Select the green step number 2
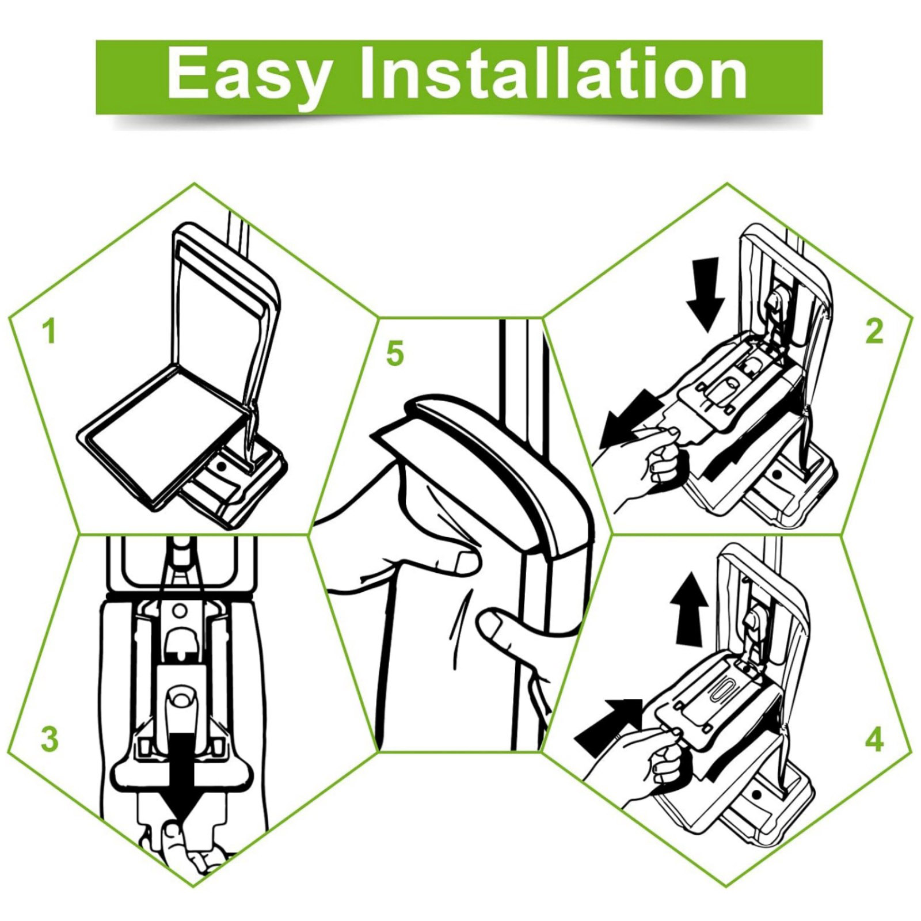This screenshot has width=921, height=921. click(874, 332)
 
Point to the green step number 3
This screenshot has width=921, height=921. click(50, 739)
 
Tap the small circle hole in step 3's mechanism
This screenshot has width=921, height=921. click(180, 608)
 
